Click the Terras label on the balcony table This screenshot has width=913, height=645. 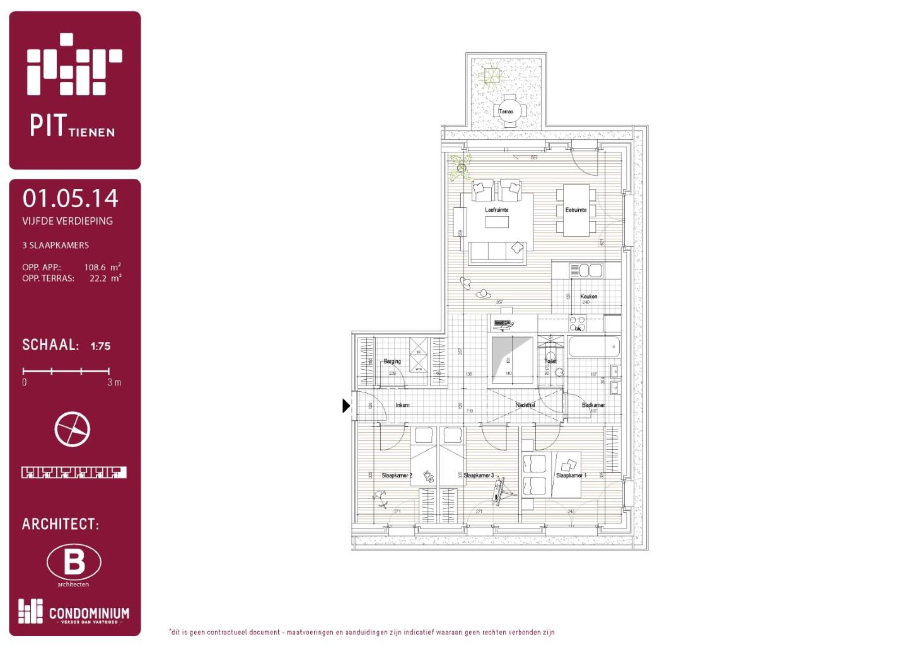[x=506, y=111]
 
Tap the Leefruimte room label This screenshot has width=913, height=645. [x=496, y=210]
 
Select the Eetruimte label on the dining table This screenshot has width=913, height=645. [x=576, y=210]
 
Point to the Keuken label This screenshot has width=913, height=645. [x=589, y=296]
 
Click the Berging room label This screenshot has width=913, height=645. [x=392, y=362]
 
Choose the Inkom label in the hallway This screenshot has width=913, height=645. [x=402, y=405]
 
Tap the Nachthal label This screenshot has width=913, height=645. [x=525, y=405]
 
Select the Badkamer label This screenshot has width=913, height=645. [x=593, y=405]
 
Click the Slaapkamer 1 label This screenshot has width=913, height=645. [x=571, y=476]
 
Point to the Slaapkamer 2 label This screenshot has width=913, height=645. [x=397, y=476]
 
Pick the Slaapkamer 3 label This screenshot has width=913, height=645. [x=479, y=476]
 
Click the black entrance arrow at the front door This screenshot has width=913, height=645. [x=346, y=406]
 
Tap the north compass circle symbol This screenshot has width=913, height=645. [x=73, y=430]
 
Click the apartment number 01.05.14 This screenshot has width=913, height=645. [x=71, y=198]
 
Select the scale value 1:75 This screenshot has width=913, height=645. [x=100, y=346]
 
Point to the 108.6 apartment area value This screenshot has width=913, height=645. [x=95, y=267]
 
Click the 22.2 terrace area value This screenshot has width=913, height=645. [x=98, y=278]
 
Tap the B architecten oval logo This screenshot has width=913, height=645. [x=74, y=562]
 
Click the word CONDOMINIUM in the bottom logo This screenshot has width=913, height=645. [x=89, y=613]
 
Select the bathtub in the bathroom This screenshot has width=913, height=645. [x=594, y=347]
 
